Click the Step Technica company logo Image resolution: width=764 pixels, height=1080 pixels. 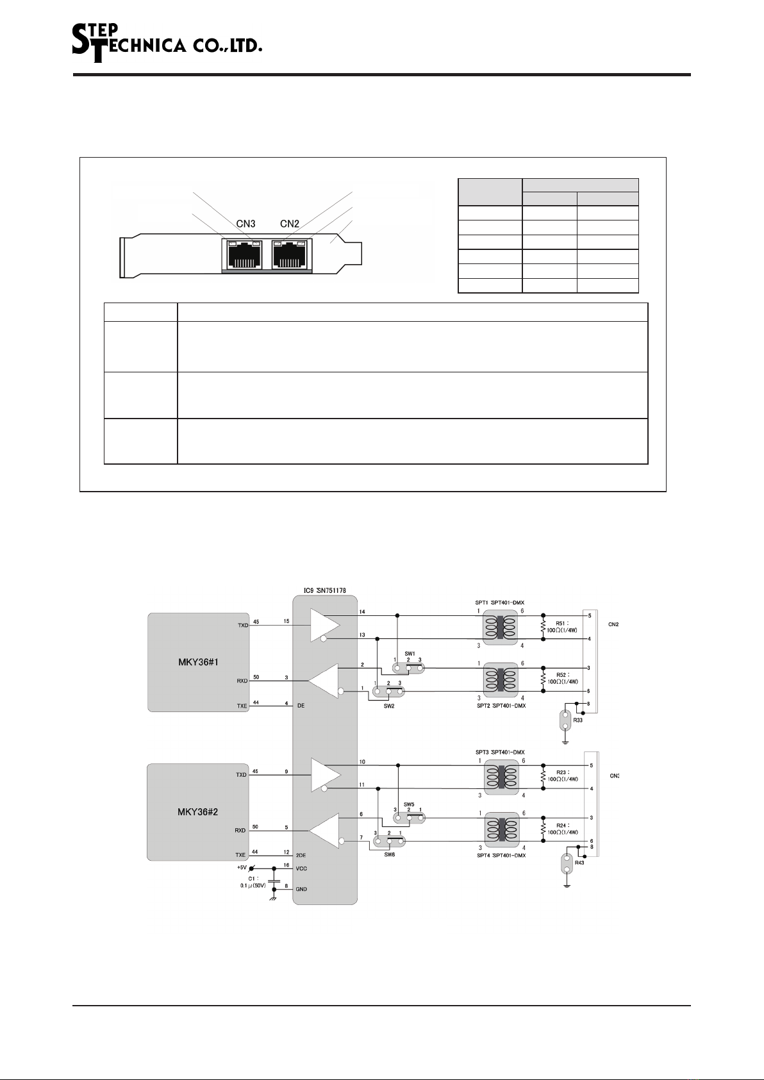point(167,44)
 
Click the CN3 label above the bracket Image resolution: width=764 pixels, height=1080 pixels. point(245,224)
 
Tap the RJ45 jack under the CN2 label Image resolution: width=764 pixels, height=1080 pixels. point(290,254)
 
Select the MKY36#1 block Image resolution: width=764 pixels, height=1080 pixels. point(198,663)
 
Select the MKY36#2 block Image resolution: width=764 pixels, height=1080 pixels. point(197,812)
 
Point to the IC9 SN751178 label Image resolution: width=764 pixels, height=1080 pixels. point(324,590)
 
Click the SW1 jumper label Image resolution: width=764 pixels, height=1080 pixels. point(410,654)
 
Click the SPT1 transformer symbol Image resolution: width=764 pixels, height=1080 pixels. point(501,627)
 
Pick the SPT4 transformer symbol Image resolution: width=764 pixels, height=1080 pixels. point(501,830)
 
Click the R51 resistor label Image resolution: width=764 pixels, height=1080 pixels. point(561,624)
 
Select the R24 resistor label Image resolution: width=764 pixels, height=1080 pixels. point(562,826)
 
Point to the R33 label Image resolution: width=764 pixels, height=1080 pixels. point(577,720)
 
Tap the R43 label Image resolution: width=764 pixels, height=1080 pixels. point(579,863)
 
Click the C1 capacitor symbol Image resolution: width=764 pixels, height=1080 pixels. point(274,881)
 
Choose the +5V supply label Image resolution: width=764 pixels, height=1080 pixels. point(242,867)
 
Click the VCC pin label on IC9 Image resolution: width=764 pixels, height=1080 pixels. point(301,868)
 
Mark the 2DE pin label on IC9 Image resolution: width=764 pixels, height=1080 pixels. point(301,855)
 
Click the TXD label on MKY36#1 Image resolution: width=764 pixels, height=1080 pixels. point(242,626)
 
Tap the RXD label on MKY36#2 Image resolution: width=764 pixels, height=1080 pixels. point(240,830)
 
